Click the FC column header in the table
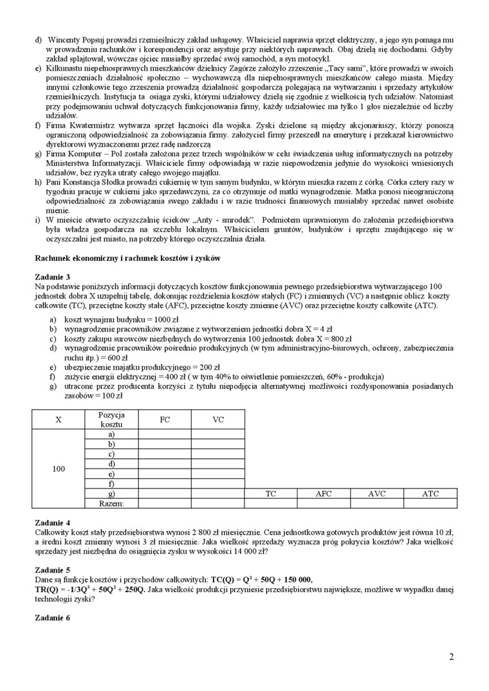click(165, 420)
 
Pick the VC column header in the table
click(218, 420)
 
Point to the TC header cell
click(271, 494)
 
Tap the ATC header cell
click(430, 494)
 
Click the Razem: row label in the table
click(112, 503)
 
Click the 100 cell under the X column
click(59, 469)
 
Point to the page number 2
click(452, 657)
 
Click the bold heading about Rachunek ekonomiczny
click(127, 258)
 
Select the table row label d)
click(112, 463)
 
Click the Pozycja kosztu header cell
click(112, 420)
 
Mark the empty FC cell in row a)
click(165, 435)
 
